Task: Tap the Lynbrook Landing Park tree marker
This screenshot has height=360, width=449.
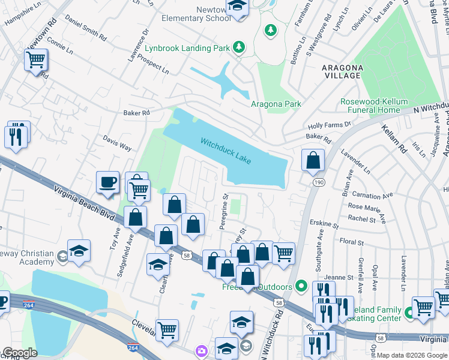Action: click(x=239, y=47)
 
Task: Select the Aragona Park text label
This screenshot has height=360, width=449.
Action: click(x=276, y=104)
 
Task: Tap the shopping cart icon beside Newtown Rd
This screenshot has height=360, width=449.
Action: click(x=35, y=60)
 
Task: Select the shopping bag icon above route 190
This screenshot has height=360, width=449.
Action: click(x=313, y=161)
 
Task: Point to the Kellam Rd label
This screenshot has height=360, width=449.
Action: click(x=395, y=140)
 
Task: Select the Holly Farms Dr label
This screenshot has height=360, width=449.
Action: click(x=329, y=125)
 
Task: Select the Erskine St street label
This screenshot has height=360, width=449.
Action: click(x=324, y=223)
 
